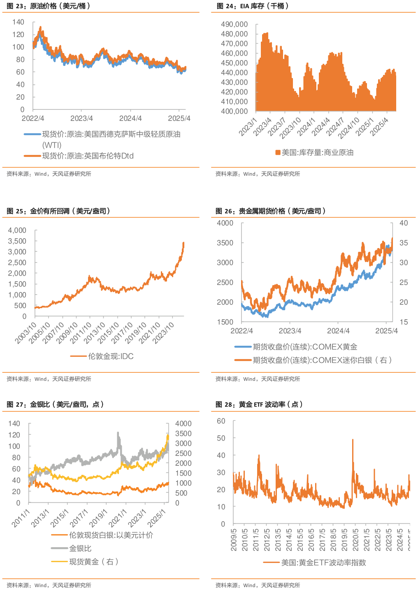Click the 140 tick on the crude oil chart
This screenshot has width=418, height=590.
click(19, 22)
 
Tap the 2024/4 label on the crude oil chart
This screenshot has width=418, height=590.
click(130, 118)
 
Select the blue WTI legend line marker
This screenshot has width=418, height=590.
click(33, 134)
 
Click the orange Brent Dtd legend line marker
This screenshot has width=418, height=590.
click(33, 156)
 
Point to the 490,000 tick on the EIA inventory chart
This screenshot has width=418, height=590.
click(234, 24)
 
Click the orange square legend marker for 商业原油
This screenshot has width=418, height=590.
click(278, 153)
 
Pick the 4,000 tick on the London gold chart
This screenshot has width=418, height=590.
click(17, 230)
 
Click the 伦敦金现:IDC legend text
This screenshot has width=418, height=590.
click(111, 356)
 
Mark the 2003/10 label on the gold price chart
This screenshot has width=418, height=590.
click(26, 333)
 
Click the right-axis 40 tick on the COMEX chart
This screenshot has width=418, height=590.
click(404, 223)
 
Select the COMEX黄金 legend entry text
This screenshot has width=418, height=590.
click(305, 347)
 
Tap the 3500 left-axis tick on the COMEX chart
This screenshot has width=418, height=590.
click(225, 243)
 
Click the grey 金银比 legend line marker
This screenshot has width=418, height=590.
click(59, 548)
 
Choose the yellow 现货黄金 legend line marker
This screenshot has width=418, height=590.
click(59, 562)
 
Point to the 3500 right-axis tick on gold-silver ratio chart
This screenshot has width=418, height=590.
click(183, 434)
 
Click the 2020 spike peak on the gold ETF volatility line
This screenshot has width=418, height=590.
click(353, 439)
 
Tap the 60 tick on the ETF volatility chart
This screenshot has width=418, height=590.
click(221, 421)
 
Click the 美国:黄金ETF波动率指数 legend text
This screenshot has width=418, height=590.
click(323, 562)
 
